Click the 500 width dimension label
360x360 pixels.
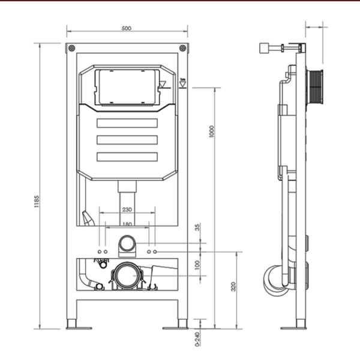click(127, 29)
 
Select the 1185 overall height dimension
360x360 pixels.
click(37, 199)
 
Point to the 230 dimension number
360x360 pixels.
click(127, 209)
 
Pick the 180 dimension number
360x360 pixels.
click(127, 224)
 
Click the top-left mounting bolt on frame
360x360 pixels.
click(72, 49)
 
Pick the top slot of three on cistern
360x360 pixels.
click(127, 124)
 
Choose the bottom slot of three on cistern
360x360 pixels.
click(127, 157)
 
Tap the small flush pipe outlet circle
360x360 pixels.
click(127, 243)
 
